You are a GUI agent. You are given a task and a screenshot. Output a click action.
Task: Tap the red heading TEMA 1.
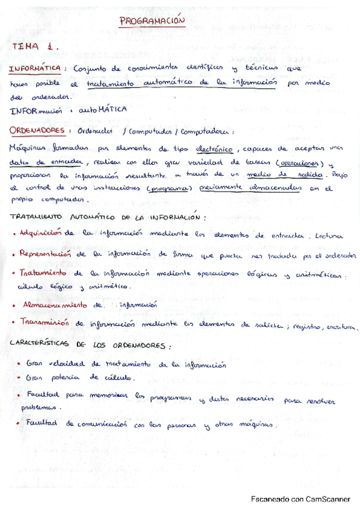click(35, 46)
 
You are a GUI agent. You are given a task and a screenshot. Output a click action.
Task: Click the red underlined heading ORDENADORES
click(37, 131)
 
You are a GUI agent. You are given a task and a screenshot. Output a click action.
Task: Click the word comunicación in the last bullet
click(100, 424)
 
